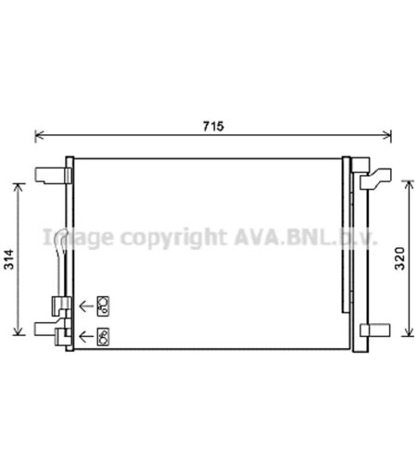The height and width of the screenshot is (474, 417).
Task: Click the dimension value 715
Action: [x=213, y=126]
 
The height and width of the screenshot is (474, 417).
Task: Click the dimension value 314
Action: [x=9, y=259]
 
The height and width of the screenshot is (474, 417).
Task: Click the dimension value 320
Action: [x=399, y=258]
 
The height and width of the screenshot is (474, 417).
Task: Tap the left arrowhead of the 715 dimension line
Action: [x=39, y=135]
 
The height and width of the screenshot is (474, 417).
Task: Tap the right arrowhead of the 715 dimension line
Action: [x=387, y=135]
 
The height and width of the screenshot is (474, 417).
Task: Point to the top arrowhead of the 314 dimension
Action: [x=19, y=187]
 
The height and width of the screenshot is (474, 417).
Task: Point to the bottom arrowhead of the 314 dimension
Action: [x=19, y=331]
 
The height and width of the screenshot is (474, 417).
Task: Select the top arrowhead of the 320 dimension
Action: [x=409, y=185]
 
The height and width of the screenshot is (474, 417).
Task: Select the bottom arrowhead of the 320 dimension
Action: [x=409, y=332]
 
